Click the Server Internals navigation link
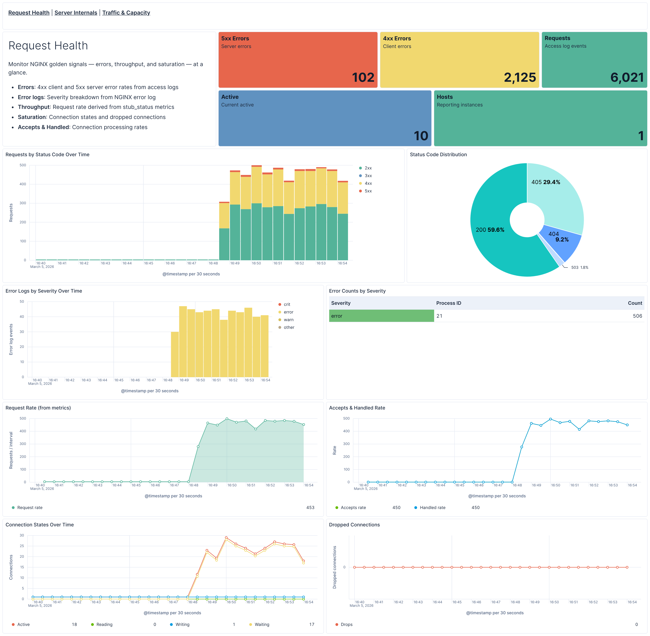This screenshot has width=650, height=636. point(76,13)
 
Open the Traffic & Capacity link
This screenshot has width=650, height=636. point(126,13)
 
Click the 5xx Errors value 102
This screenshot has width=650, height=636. point(363,77)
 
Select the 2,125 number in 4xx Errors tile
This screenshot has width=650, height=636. point(519,77)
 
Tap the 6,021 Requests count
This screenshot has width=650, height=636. point(627,77)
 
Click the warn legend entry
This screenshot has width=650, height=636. point(288,320)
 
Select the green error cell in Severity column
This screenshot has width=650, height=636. point(381,316)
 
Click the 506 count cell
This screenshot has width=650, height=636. point(637,316)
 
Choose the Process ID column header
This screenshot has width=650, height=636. point(448,303)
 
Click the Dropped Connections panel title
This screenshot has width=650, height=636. point(354,525)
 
